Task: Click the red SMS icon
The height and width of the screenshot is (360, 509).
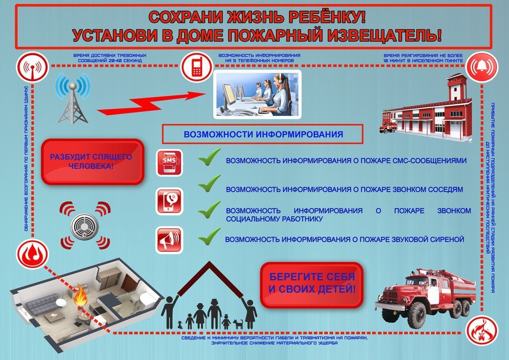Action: (169, 163)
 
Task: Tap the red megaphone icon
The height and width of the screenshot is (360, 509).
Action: (169, 240)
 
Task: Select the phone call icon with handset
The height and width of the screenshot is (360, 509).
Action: (169, 201)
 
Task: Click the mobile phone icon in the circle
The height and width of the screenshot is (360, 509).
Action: (197, 67)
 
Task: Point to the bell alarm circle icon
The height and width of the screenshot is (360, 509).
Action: (482, 67)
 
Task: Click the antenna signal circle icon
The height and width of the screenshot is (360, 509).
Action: (33, 67)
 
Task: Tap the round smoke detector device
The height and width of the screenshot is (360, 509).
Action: (85, 226)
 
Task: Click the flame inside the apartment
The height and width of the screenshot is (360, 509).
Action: (81, 294)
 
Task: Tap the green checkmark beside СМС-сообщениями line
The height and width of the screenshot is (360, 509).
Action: (209, 157)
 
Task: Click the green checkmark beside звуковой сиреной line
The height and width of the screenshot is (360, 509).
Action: (209, 236)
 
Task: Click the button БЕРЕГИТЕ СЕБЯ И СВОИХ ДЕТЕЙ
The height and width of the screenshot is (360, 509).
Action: (311, 285)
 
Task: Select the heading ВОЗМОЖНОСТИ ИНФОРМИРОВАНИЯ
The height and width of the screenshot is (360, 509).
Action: (263, 134)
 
